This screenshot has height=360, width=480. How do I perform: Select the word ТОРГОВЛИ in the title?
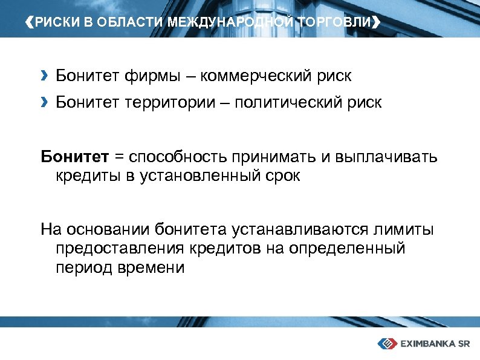[336, 23]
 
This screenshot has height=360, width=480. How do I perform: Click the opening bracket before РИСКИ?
[31, 23]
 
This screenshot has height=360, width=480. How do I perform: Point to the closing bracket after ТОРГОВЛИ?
[377, 23]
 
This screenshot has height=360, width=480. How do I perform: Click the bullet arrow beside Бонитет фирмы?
[44, 76]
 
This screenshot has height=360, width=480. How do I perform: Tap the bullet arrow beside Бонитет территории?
[44, 102]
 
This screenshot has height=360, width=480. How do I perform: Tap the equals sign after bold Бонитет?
[118, 158]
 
